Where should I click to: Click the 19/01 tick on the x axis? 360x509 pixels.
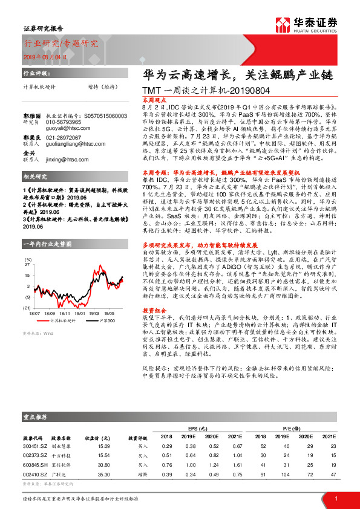coord(80,314)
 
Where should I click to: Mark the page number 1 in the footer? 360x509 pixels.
coord(336,498)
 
